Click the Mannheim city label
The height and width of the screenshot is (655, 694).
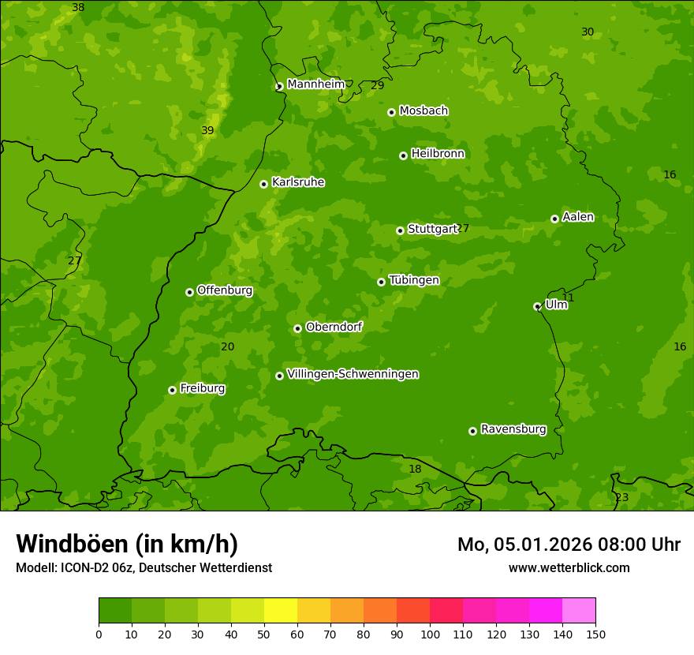pos(316,84)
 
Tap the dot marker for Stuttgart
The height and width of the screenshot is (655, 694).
pos(400,230)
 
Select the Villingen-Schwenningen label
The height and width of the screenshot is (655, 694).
pos(353,374)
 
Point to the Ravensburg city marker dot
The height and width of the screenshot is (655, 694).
pos(472,431)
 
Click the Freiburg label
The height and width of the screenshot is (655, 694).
pos(203,388)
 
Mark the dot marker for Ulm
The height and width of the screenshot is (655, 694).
pos(537,306)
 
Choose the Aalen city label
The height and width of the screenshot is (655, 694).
pos(578,217)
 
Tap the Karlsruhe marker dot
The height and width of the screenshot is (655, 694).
pos(263,184)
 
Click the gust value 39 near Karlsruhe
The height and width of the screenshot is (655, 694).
pos(207,130)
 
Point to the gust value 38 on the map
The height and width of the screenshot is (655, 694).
pos(78,8)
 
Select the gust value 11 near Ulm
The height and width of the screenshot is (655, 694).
pos(568,298)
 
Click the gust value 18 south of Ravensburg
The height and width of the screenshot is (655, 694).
pos(415,469)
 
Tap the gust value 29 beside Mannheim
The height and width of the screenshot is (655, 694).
pos(378,85)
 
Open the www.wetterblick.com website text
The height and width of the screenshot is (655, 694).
pos(569,567)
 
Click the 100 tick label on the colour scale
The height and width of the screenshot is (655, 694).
pos(430,634)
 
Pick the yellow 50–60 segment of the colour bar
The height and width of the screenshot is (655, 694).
pos(281,611)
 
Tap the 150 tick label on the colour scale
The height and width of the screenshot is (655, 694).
pos(595,634)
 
